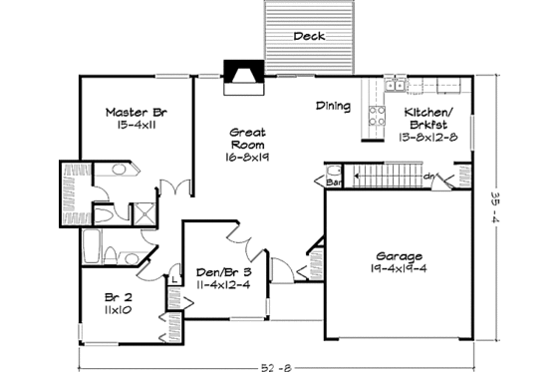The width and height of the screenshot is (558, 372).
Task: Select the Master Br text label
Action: (x=136, y=113)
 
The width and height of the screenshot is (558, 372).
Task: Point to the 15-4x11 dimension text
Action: (x=136, y=127)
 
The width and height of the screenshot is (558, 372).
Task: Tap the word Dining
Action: (x=333, y=105)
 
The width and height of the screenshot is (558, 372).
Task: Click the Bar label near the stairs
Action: (x=336, y=184)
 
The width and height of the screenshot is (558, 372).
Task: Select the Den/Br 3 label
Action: (x=222, y=271)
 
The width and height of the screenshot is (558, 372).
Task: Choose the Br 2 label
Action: (x=119, y=296)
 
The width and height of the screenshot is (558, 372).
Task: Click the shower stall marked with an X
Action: (x=142, y=212)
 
